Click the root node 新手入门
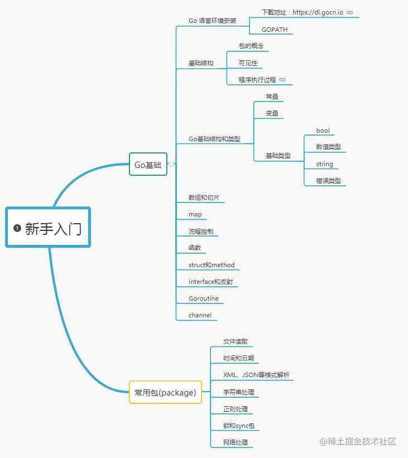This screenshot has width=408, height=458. pos(49,228)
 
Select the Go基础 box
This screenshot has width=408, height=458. pos(148,165)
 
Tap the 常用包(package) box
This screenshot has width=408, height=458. pos(165,392)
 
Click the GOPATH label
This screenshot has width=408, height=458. pos(275,30)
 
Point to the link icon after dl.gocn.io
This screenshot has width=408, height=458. pos(350,12)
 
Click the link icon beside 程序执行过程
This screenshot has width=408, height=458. pos(282,80)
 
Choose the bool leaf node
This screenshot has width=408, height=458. pos(323,131)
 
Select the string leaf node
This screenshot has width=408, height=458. pos(324,164)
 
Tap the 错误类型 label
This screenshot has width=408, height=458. pos(328,181)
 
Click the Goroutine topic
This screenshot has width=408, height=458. pos(204,298)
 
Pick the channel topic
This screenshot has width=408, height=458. pos(200,315)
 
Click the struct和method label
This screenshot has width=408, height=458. pos(212,265)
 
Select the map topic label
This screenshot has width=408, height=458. pos(195,214)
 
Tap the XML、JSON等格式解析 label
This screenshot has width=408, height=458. pos(256,375)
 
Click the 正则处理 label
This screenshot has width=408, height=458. pos(236,409)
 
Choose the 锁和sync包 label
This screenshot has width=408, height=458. pos(239,426)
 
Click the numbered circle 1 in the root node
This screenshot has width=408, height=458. pos(17,228)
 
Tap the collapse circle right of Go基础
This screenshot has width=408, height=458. pos(172,164)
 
